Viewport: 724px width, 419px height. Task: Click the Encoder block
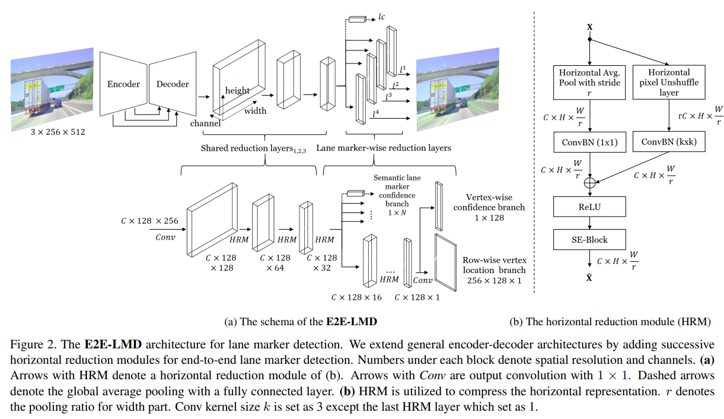[123, 84]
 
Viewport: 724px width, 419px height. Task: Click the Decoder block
[173, 84]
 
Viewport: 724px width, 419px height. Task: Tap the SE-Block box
[589, 239]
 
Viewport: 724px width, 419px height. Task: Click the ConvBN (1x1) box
[589, 142]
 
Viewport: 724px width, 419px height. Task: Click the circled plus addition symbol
[589, 183]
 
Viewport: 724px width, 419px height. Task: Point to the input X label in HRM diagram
[589, 27]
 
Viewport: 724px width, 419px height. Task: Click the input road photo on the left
[52, 88]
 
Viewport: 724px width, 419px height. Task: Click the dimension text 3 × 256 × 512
[58, 132]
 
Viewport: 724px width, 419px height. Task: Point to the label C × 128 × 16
[357, 296]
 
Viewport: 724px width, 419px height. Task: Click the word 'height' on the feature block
[237, 90]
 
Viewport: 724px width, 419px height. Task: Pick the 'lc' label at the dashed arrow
[382, 17]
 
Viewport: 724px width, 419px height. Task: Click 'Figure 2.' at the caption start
[30, 344]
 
